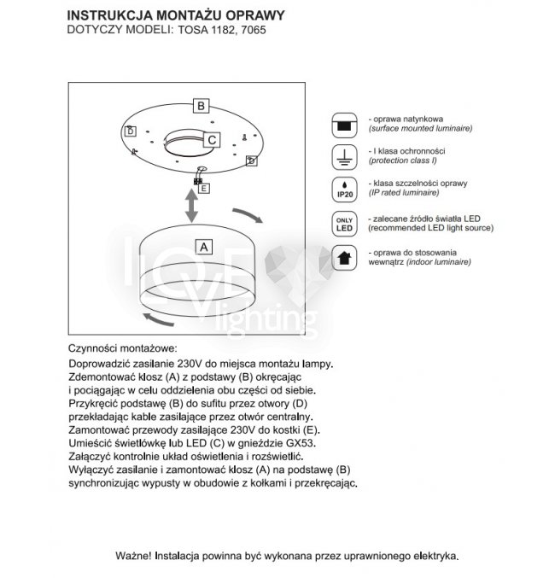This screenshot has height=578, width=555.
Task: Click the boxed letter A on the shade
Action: (x=203, y=248)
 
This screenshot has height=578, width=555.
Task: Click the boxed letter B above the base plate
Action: (x=200, y=107)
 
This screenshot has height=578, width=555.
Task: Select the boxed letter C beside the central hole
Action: (x=213, y=140)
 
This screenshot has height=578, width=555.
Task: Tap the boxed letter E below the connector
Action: (x=205, y=187)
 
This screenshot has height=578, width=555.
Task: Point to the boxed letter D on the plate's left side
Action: (x=130, y=131)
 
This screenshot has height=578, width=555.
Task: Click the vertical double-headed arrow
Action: (x=194, y=206)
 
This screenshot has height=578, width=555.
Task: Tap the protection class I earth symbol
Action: (x=344, y=156)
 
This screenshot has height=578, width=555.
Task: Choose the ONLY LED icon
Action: (x=344, y=224)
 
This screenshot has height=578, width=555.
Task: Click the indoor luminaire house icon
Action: (x=344, y=258)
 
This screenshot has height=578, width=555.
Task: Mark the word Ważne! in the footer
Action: (x=133, y=555)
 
